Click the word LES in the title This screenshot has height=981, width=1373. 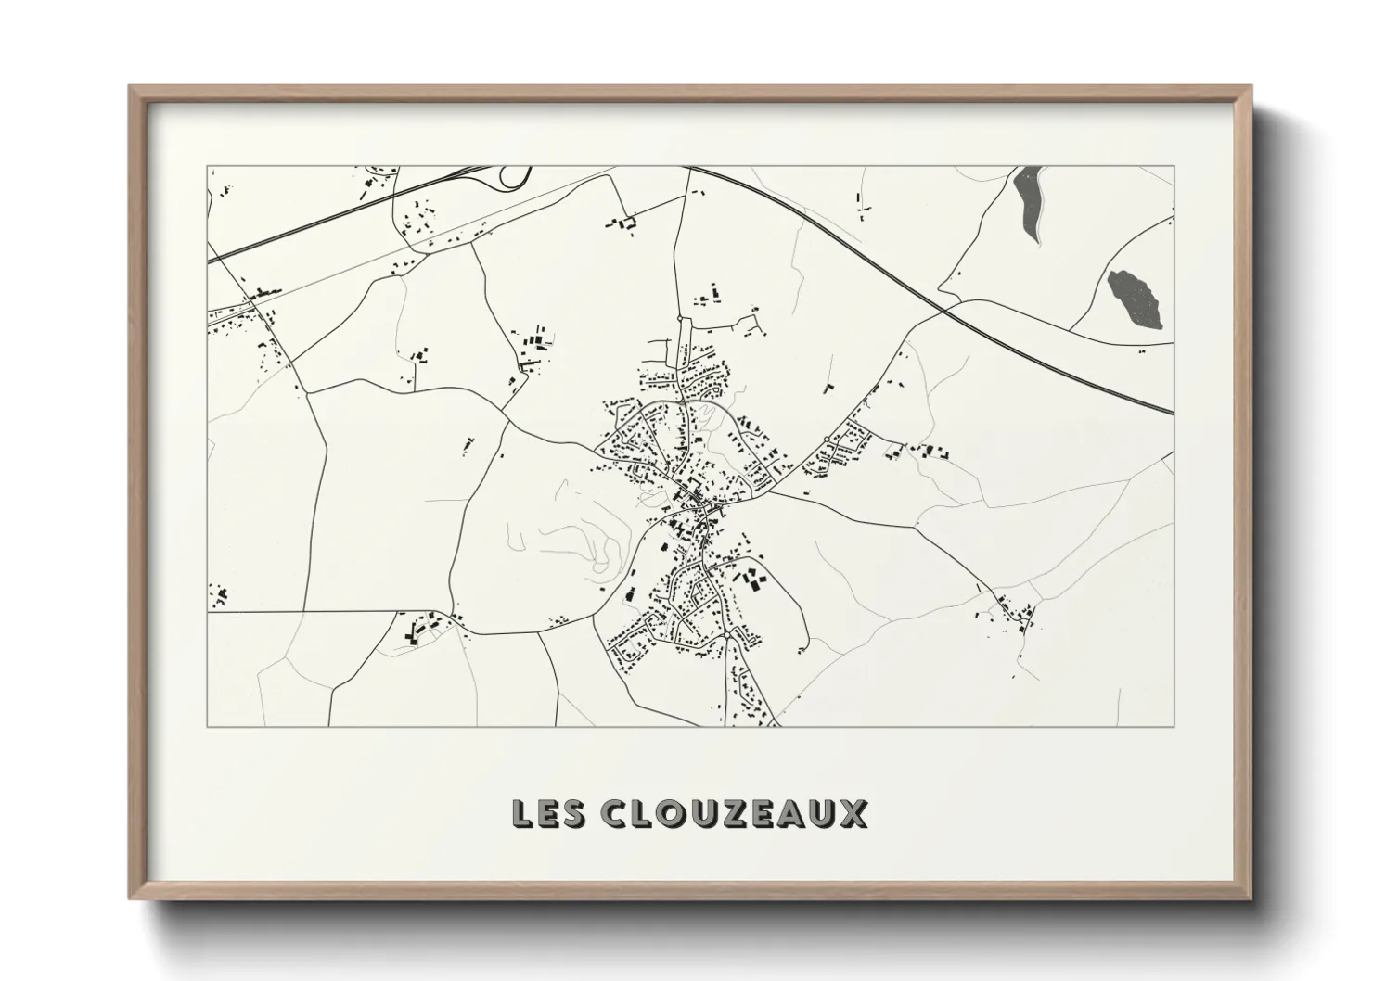point(549,813)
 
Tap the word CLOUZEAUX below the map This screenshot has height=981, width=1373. point(735,813)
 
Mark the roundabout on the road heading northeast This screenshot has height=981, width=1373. point(826,438)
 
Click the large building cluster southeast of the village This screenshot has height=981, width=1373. point(749,580)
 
